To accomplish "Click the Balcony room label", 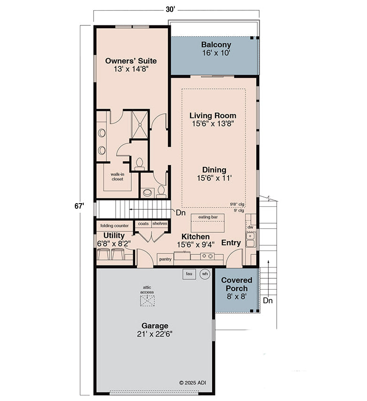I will (216, 45).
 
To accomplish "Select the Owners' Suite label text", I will (131, 61).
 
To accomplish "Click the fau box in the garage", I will (189, 274).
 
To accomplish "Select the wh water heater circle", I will (205, 274).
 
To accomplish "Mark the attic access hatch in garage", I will (147, 301).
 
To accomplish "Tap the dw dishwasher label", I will (250, 227).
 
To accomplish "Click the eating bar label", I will (207, 217).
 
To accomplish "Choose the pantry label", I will (165, 259).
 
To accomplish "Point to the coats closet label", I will (143, 224).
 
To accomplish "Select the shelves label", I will (160, 224).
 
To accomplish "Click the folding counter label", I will (114, 226).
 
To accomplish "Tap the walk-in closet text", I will (117, 176).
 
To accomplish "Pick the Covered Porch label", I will (237, 284).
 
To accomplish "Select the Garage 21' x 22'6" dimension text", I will (155, 334).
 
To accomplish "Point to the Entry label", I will (231, 243).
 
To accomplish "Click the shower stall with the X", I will (140, 125).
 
